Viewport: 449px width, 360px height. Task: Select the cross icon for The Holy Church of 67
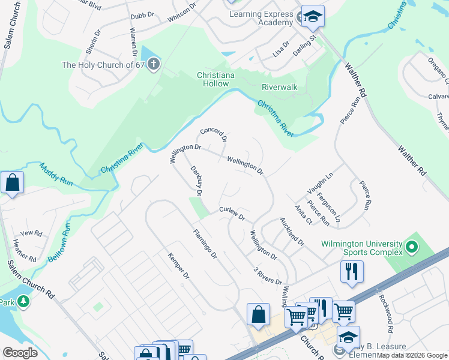pos(154,65)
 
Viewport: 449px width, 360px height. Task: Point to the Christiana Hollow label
pos(213,79)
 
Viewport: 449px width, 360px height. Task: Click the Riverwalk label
pos(279,87)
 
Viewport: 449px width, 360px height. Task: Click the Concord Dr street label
pos(213,134)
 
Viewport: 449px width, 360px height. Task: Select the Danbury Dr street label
pos(196,181)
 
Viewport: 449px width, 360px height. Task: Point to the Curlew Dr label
pos(232,213)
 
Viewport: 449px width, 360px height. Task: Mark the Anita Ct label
pos(303,214)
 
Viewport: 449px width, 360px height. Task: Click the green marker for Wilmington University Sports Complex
pos(412,247)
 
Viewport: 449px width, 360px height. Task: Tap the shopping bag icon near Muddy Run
pos(12,182)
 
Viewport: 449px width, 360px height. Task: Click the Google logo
pos(20,353)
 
